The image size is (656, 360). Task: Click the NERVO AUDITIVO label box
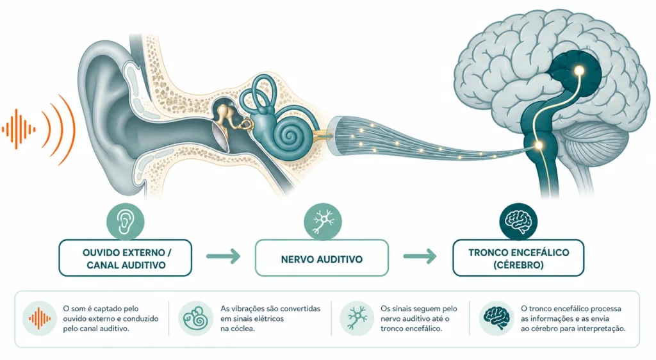point(322,258)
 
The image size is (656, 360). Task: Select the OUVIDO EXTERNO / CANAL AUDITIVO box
point(125,258)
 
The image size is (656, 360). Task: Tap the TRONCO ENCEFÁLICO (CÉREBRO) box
point(518,258)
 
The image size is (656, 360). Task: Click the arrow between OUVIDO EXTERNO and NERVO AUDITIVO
point(224,256)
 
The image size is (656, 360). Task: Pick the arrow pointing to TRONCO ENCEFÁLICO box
point(420,256)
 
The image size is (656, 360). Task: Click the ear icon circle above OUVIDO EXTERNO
point(125,222)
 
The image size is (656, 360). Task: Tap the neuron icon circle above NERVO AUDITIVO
point(323,222)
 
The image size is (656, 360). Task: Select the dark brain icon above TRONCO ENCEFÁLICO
point(518,222)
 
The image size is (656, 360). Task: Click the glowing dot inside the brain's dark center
point(579,71)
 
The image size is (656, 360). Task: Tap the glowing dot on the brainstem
point(539,145)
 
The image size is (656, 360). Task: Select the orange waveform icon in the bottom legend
point(39,318)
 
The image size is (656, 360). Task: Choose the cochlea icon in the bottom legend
point(196,318)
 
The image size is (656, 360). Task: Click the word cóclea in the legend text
point(243,329)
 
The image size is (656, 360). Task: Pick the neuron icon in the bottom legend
point(357,318)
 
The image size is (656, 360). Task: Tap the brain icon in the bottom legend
point(496,318)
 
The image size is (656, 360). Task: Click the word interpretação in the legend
point(601,329)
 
